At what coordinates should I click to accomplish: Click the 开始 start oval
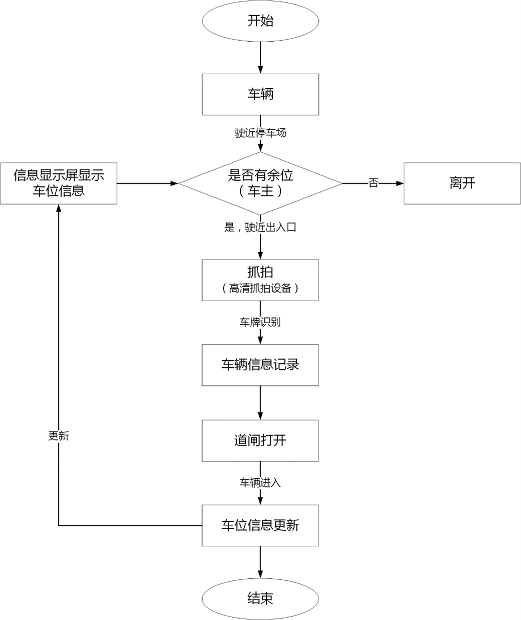point(260,21)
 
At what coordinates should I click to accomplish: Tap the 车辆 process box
point(260,94)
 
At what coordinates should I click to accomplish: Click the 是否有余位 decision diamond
point(260,183)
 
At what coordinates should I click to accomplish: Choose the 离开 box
point(462,183)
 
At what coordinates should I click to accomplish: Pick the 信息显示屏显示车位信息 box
point(59,183)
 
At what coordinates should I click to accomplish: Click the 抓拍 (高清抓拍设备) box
point(260,280)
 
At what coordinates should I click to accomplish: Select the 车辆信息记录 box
point(260,365)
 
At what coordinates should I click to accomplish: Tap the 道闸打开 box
point(260,441)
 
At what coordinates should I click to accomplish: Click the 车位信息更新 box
point(260,525)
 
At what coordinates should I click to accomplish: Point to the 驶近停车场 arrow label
point(260,133)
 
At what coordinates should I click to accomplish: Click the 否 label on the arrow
point(373,183)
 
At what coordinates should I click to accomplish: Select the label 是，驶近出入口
point(260,228)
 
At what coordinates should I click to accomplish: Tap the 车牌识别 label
point(260,322)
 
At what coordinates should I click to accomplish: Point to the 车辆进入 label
point(260,483)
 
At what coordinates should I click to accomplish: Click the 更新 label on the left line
point(59,436)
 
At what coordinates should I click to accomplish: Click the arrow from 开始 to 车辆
point(260,58)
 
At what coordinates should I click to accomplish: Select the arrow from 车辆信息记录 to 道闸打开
point(260,402)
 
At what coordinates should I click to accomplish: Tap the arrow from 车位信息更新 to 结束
point(260,564)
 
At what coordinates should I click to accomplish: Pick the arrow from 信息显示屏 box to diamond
point(147,183)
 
